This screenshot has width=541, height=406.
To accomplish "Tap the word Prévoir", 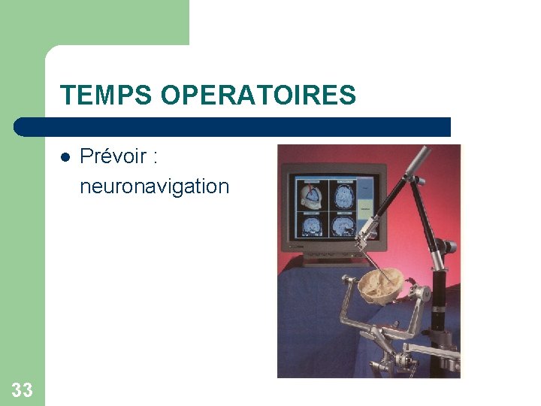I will [x=113, y=156].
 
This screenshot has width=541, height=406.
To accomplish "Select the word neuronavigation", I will [x=154, y=186].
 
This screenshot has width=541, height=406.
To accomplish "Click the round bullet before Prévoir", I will [x=65, y=158].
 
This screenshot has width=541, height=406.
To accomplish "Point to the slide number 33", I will [x=23, y=389].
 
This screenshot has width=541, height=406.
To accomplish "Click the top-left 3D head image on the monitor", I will [x=311, y=195].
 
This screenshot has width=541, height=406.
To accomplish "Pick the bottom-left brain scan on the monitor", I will [x=311, y=225].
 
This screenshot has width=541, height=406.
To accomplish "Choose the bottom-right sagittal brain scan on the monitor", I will [x=343, y=225].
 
